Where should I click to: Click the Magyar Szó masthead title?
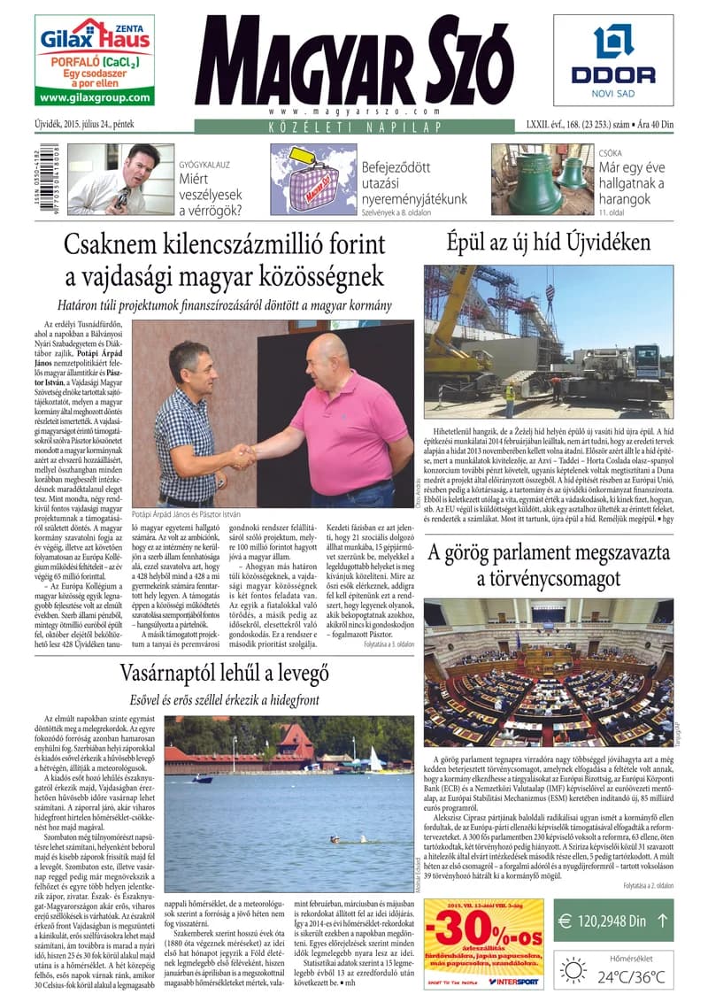tap(354, 62)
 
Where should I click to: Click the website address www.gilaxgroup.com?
tap(95, 98)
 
